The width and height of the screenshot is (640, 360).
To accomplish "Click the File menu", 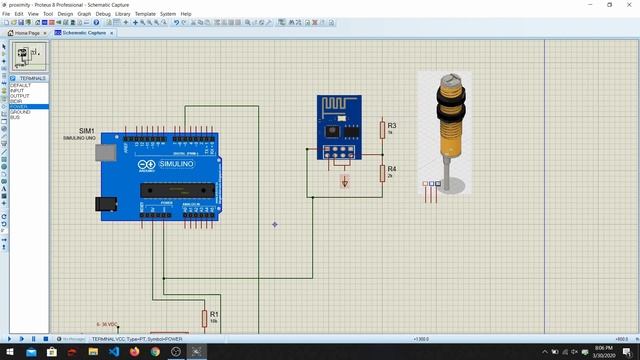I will tap(6, 14).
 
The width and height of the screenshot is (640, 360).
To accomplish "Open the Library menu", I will tap(122, 14).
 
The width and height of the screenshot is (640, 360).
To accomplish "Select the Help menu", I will tap(186, 14).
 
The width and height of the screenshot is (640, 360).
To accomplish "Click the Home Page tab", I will tap(26, 32).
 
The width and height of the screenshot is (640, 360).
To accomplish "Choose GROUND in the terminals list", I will tap(20, 112).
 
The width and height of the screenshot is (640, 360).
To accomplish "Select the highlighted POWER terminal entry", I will tap(20, 107).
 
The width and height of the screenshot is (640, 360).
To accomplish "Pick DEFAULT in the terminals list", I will tap(20, 86).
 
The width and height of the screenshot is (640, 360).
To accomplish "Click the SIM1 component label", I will tap(86, 131).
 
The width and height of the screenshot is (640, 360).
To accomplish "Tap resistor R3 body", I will tap(382, 129).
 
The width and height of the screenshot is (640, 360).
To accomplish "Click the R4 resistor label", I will tap(392, 169).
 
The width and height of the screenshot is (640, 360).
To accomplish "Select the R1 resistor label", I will tap(213, 313).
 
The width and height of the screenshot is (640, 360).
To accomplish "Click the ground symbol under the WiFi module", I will tap(345, 183).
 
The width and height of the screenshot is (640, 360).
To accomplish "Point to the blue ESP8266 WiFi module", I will tap(338, 126).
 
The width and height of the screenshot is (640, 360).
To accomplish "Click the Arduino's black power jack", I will tap(100, 205).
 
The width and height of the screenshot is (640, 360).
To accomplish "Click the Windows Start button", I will tap(7, 352).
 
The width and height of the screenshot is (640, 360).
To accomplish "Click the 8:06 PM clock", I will tap(603, 349).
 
